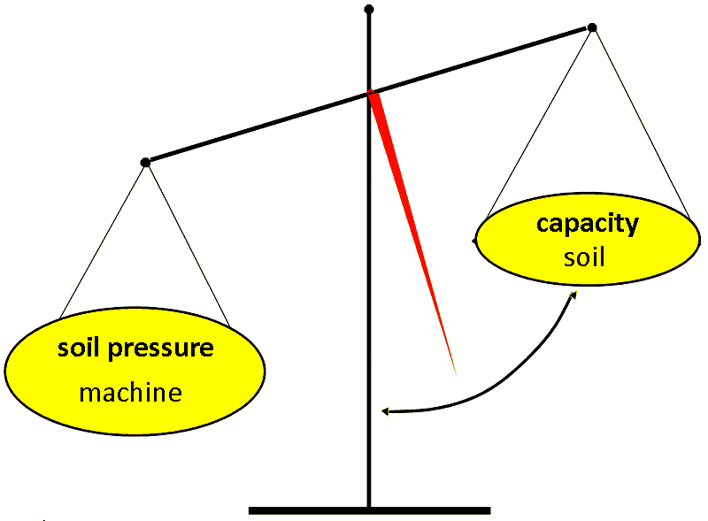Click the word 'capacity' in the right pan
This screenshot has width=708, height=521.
[587, 224]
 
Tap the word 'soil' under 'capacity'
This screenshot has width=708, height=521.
[584, 257]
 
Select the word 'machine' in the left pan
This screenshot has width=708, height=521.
[130, 391]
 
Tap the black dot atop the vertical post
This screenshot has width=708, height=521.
[369, 10]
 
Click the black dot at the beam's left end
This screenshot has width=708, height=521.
[146, 162]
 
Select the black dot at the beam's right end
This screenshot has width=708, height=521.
[592, 27]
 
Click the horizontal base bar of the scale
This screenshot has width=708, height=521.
[369, 510]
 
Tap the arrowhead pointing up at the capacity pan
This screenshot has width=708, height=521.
[573, 296]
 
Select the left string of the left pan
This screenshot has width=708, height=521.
[103, 241]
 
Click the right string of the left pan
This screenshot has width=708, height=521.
[189, 241]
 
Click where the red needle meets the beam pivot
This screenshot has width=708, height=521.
[373, 94]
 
